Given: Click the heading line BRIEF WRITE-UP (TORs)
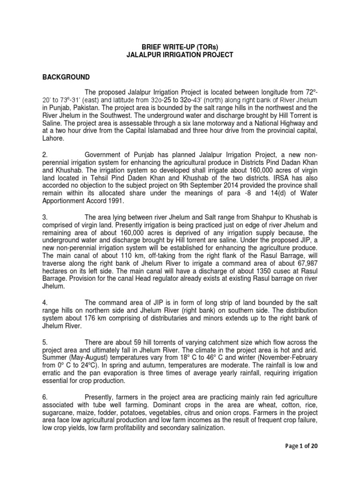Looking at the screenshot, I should tap(180, 47).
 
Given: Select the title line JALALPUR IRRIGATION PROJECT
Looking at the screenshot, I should tap(180, 55).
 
